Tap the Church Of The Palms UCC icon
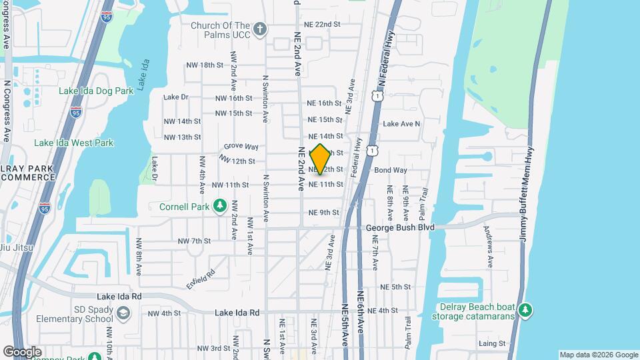pos(259,29)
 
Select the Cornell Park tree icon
pos(219,207)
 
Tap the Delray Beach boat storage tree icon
pos(526,311)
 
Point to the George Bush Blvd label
pos(400,227)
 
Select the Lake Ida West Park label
pos(73,143)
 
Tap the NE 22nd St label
pos(323,24)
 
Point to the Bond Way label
pos(391,170)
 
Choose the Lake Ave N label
pos(401,123)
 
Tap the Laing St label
pos(492,343)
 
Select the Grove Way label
pos(241,147)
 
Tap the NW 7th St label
pos(194,241)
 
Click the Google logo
pos(22,352)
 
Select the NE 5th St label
pos(395,287)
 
